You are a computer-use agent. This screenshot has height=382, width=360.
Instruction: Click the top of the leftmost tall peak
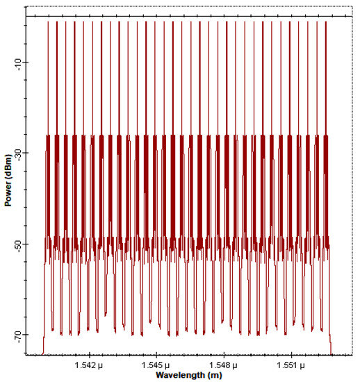47,22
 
